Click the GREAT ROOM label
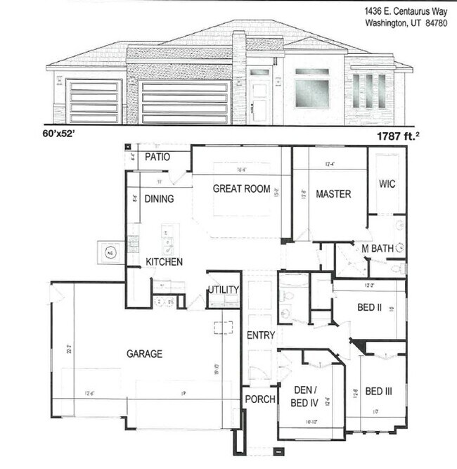pyautogui.click(x=241, y=188)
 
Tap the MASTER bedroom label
pyautogui.click(x=333, y=193)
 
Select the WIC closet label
pyautogui.click(x=387, y=184)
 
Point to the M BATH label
pyautogui.click(x=377, y=248)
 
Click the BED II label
pyautogui.click(x=369, y=307)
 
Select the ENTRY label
pyautogui.click(x=261, y=335)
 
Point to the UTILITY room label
pyautogui.click(x=224, y=290)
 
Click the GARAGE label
pyautogui.click(x=143, y=354)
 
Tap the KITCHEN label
pyautogui.click(x=165, y=262)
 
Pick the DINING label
pyautogui.click(x=159, y=199)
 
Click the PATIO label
pyautogui.click(x=158, y=157)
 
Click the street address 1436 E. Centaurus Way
pyautogui.click(x=406, y=11)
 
